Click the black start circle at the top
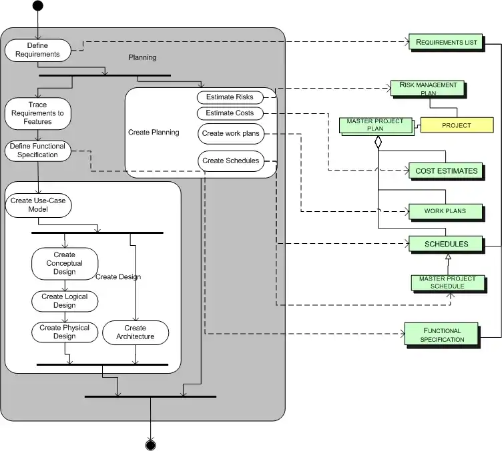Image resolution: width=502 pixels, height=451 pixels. coord(37,6)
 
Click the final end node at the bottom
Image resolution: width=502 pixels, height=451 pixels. coord(150,444)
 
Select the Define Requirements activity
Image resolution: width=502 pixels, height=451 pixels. coord(38,50)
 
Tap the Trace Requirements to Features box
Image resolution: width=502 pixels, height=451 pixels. coord(37,113)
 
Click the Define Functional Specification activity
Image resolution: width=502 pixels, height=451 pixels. coord(38,151)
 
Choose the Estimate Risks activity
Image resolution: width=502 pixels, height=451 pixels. coord(230,97)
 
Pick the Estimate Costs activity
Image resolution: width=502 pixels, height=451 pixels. coord(230,113)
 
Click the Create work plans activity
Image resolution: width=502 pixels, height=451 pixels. coord(230,133)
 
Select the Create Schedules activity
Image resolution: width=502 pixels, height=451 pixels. coord(230,161)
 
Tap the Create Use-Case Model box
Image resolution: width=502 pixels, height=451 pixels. coord(38,205)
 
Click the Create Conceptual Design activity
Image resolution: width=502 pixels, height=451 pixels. coord(65,263)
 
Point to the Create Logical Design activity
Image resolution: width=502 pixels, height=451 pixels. coord(65,301)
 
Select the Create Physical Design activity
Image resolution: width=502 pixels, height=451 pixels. coord(65,332)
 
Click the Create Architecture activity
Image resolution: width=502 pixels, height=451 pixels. coord(136,332)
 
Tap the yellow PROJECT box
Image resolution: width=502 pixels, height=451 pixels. coord(457,125)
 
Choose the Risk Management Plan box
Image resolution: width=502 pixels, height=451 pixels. coord(428,89)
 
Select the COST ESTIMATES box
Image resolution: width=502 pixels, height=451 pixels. coord(447,171)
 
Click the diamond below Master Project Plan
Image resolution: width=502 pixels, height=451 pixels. coord(378,142)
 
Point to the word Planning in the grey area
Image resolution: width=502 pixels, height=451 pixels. coord(142,57)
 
